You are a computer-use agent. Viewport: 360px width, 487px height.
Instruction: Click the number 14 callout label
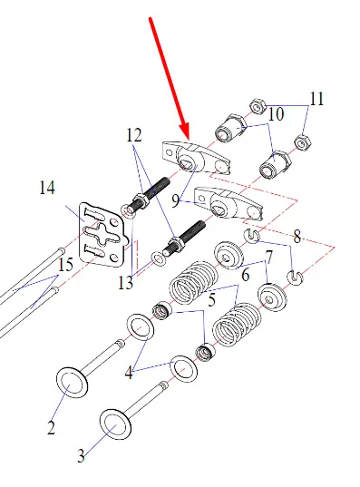(x=47, y=188)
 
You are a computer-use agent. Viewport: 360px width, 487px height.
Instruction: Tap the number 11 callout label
(x=316, y=99)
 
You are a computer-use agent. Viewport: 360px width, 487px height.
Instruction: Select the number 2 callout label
(x=52, y=427)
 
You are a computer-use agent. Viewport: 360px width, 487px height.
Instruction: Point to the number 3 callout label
(x=81, y=456)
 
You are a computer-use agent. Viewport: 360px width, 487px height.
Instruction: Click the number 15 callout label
(x=66, y=265)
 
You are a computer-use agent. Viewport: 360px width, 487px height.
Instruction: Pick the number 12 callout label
(x=134, y=135)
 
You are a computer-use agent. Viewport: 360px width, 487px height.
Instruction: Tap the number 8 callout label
(x=297, y=237)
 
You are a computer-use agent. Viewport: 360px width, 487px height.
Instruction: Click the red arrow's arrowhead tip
(x=189, y=139)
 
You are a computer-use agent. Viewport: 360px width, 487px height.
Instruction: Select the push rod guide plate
(x=102, y=235)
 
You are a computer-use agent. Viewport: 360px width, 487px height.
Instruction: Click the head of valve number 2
(x=72, y=384)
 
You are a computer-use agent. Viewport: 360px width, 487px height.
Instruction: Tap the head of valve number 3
(x=115, y=424)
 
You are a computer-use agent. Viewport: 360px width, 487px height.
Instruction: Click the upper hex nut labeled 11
(x=258, y=106)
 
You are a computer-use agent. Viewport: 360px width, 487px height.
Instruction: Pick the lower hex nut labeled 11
(x=301, y=143)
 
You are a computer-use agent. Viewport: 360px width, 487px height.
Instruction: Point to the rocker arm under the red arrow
(x=197, y=158)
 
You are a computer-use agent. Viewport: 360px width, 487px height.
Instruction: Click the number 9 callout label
(x=176, y=201)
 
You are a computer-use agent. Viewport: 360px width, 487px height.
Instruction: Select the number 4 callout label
(x=129, y=373)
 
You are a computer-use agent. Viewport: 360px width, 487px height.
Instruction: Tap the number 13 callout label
(x=125, y=283)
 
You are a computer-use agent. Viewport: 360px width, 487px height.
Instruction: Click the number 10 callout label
(x=276, y=114)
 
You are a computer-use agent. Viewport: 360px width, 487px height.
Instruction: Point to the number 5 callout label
(x=212, y=300)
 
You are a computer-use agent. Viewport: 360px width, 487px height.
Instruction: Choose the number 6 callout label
(x=246, y=275)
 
